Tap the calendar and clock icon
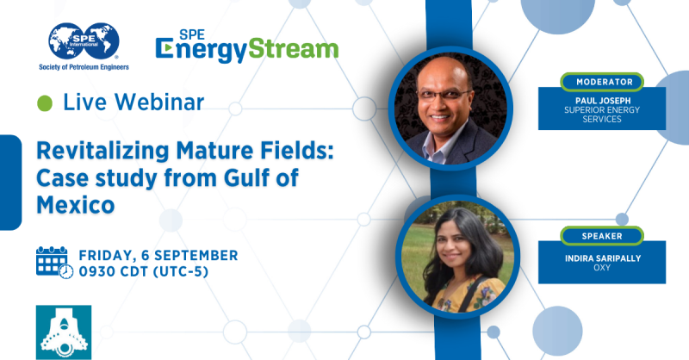[54, 262]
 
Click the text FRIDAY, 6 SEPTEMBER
[158, 255]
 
